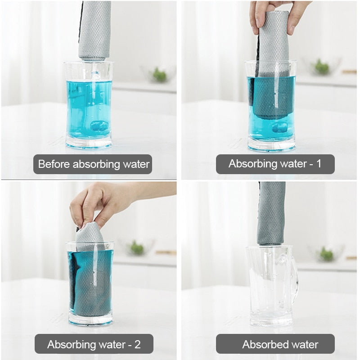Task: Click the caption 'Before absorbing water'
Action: (93, 164)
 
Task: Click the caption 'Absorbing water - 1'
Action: (275, 164)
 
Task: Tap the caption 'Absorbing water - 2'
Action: (94, 345)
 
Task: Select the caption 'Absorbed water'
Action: (275, 345)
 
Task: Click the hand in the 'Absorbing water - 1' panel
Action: (279, 13)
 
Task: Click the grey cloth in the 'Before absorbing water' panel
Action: (94, 29)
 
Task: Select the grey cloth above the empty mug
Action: (271, 214)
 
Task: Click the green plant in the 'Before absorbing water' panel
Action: (159, 74)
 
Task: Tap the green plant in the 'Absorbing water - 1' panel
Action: (321, 67)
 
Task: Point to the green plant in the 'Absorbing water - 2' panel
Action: (136, 248)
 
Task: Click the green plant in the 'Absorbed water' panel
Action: (326, 254)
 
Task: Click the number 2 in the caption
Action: (137, 345)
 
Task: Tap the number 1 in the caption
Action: (319, 164)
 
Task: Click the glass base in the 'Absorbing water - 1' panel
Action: (271, 145)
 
